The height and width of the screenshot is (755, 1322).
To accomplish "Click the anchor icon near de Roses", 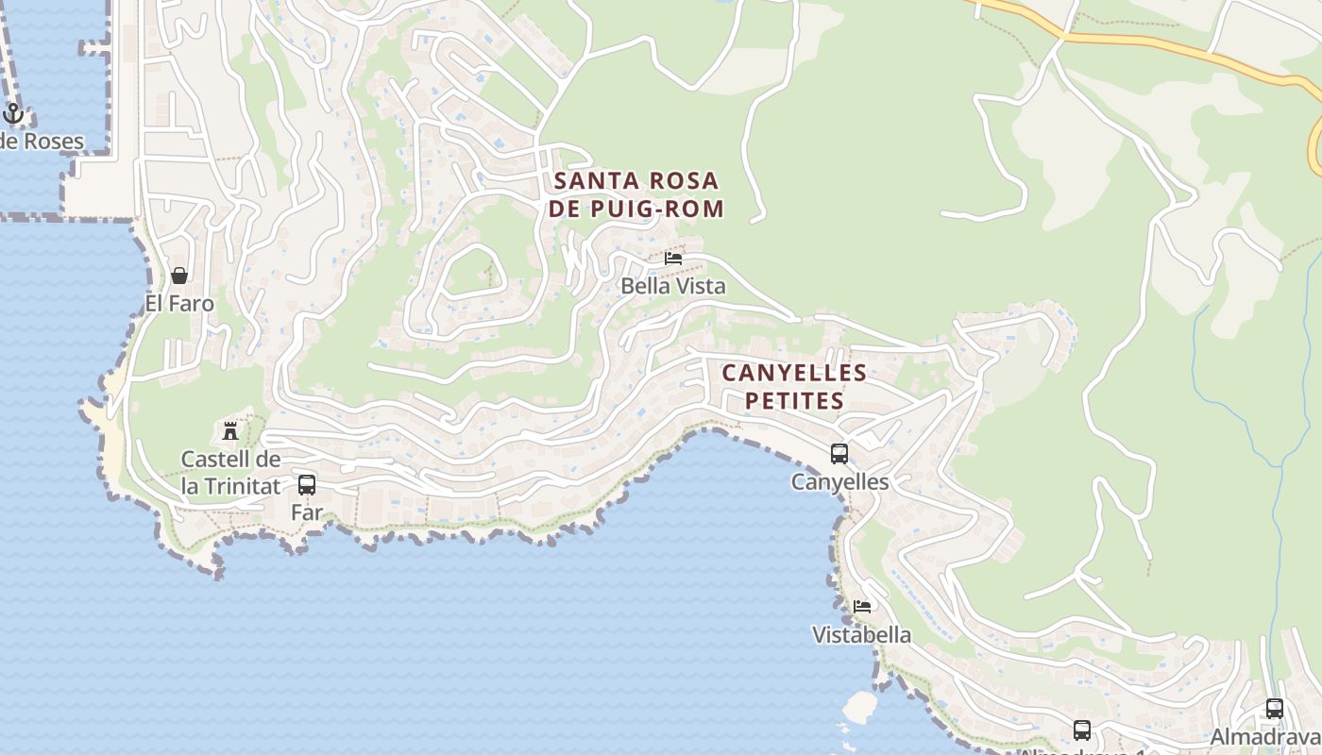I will click(x=12, y=114).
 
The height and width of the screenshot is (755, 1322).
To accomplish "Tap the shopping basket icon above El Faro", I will click(x=179, y=276).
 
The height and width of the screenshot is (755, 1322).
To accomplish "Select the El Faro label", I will click(x=179, y=304).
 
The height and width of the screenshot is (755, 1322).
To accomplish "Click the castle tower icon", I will click(x=230, y=431).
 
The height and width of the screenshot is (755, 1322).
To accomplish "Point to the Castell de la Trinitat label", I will click(x=231, y=473).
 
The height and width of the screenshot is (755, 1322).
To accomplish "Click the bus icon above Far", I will click(x=307, y=485).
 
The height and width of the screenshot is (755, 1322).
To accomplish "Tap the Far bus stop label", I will click(x=307, y=513).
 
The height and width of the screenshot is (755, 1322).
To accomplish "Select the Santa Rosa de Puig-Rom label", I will click(x=636, y=194).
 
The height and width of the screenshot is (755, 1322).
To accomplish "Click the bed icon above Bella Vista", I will click(x=673, y=258).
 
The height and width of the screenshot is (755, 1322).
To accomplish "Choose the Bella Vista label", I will click(x=673, y=286).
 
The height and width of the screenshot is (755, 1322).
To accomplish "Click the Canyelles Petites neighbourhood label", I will click(x=794, y=386).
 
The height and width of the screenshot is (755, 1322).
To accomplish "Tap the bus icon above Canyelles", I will click(x=839, y=454).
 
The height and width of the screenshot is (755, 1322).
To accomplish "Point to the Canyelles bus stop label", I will click(x=839, y=482).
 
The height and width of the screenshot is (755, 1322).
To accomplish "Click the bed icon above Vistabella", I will click(x=862, y=606).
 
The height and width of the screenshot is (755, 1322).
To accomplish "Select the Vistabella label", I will click(x=862, y=635).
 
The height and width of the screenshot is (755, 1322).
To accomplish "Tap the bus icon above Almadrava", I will click(x=1274, y=708).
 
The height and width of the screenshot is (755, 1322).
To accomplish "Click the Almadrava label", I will click(x=1265, y=737).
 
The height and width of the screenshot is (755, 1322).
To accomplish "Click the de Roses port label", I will click(x=42, y=143).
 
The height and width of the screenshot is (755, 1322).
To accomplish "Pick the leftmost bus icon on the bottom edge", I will click(x=1082, y=730).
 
